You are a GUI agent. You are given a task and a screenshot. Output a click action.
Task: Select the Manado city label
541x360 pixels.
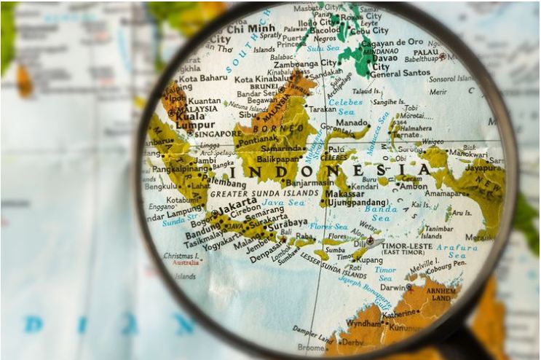point(351,124)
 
